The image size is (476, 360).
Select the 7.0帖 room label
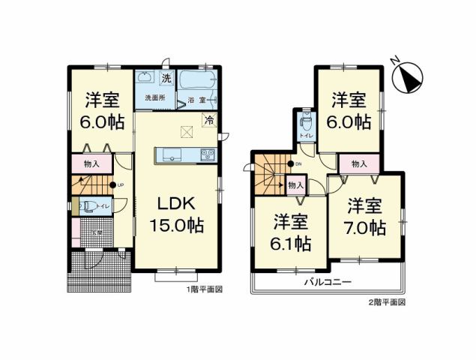tap(367, 217)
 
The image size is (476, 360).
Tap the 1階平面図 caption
tap(203, 289)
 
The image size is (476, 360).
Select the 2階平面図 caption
tap(388, 301)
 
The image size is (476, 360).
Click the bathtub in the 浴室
tap(196, 79)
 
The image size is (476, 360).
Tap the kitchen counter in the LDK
tap(185, 155)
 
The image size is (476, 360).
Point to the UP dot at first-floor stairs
tap(112, 185)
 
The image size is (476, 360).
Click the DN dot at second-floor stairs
tap(289, 163)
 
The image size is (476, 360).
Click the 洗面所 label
tap(154, 97)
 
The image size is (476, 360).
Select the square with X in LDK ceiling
tap(185, 132)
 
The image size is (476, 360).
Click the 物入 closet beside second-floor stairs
tap(295, 184)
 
